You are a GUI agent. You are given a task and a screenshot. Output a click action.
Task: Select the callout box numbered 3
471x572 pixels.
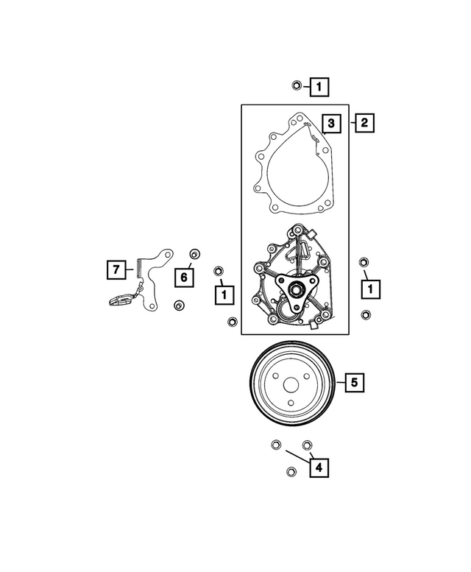331,124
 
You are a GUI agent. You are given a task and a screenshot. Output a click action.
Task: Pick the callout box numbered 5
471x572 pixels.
354,382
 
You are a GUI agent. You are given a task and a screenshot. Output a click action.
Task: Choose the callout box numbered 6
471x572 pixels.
185,277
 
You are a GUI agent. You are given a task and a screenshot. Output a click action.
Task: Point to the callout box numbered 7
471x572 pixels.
116,270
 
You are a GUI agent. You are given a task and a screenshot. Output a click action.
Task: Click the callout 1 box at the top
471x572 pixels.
319,88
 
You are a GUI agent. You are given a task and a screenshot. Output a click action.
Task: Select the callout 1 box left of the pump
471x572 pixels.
223,294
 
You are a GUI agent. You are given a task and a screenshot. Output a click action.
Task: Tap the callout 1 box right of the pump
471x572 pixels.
371,289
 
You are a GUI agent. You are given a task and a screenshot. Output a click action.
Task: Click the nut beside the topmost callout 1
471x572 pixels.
295,85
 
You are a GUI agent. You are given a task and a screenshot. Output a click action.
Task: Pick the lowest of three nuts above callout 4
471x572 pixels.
290,472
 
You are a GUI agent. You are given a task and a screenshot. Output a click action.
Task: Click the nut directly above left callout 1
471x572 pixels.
218,271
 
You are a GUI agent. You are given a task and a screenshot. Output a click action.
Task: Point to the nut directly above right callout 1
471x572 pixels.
364,263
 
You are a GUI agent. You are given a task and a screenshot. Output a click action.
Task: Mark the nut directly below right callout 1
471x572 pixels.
366,315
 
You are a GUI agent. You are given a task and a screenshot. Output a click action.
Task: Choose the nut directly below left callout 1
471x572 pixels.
232,322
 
